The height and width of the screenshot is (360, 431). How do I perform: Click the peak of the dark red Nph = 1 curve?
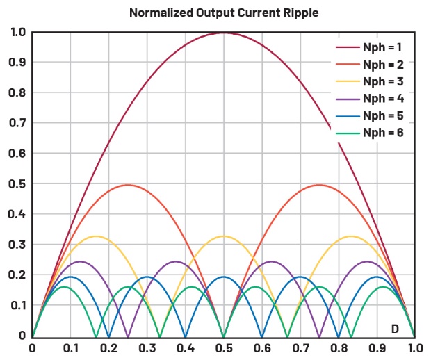[223, 33]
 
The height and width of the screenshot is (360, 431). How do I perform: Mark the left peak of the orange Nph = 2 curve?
[128, 185]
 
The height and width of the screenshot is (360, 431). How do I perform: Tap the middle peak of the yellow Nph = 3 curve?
[223, 236]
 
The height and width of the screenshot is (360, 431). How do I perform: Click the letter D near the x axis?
[394, 328]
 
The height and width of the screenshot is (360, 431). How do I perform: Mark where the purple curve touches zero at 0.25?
[128, 336]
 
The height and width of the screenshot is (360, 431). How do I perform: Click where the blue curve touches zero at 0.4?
[185, 336]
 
